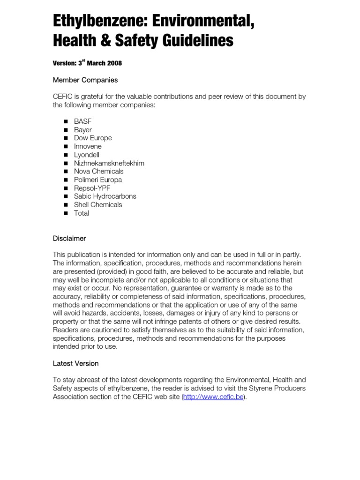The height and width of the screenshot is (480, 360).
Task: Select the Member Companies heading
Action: (x=85, y=80)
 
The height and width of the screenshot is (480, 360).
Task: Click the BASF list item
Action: (x=82, y=121)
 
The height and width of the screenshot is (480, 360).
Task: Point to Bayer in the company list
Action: (x=82, y=130)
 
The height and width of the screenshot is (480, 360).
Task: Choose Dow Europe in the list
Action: (x=93, y=138)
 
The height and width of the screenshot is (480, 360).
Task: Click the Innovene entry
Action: (x=88, y=146)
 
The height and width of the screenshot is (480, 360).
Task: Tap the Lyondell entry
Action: (x=87, y=155)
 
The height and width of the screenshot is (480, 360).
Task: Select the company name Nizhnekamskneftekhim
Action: (x=109, y=163)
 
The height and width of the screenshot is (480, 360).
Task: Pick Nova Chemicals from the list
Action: (x=98, y=171)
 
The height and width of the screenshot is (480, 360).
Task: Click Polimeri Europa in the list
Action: (x=97, y=180)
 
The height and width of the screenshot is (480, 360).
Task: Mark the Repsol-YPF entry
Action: (x=92, y=188)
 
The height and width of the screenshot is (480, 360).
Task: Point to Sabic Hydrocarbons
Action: (x=105, y=196)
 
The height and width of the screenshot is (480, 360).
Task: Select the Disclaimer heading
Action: (x=69, y=239)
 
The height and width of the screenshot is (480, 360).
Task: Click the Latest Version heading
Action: (x=75, y=363)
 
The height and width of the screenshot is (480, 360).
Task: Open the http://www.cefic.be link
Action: (x=213, y=397)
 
